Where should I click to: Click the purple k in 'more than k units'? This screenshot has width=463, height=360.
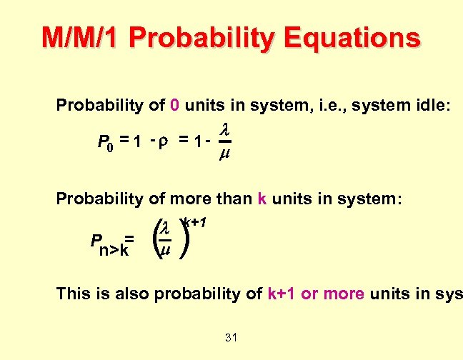[x=261, y=199]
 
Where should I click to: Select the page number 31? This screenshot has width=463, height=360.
[x=230, y=337]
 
